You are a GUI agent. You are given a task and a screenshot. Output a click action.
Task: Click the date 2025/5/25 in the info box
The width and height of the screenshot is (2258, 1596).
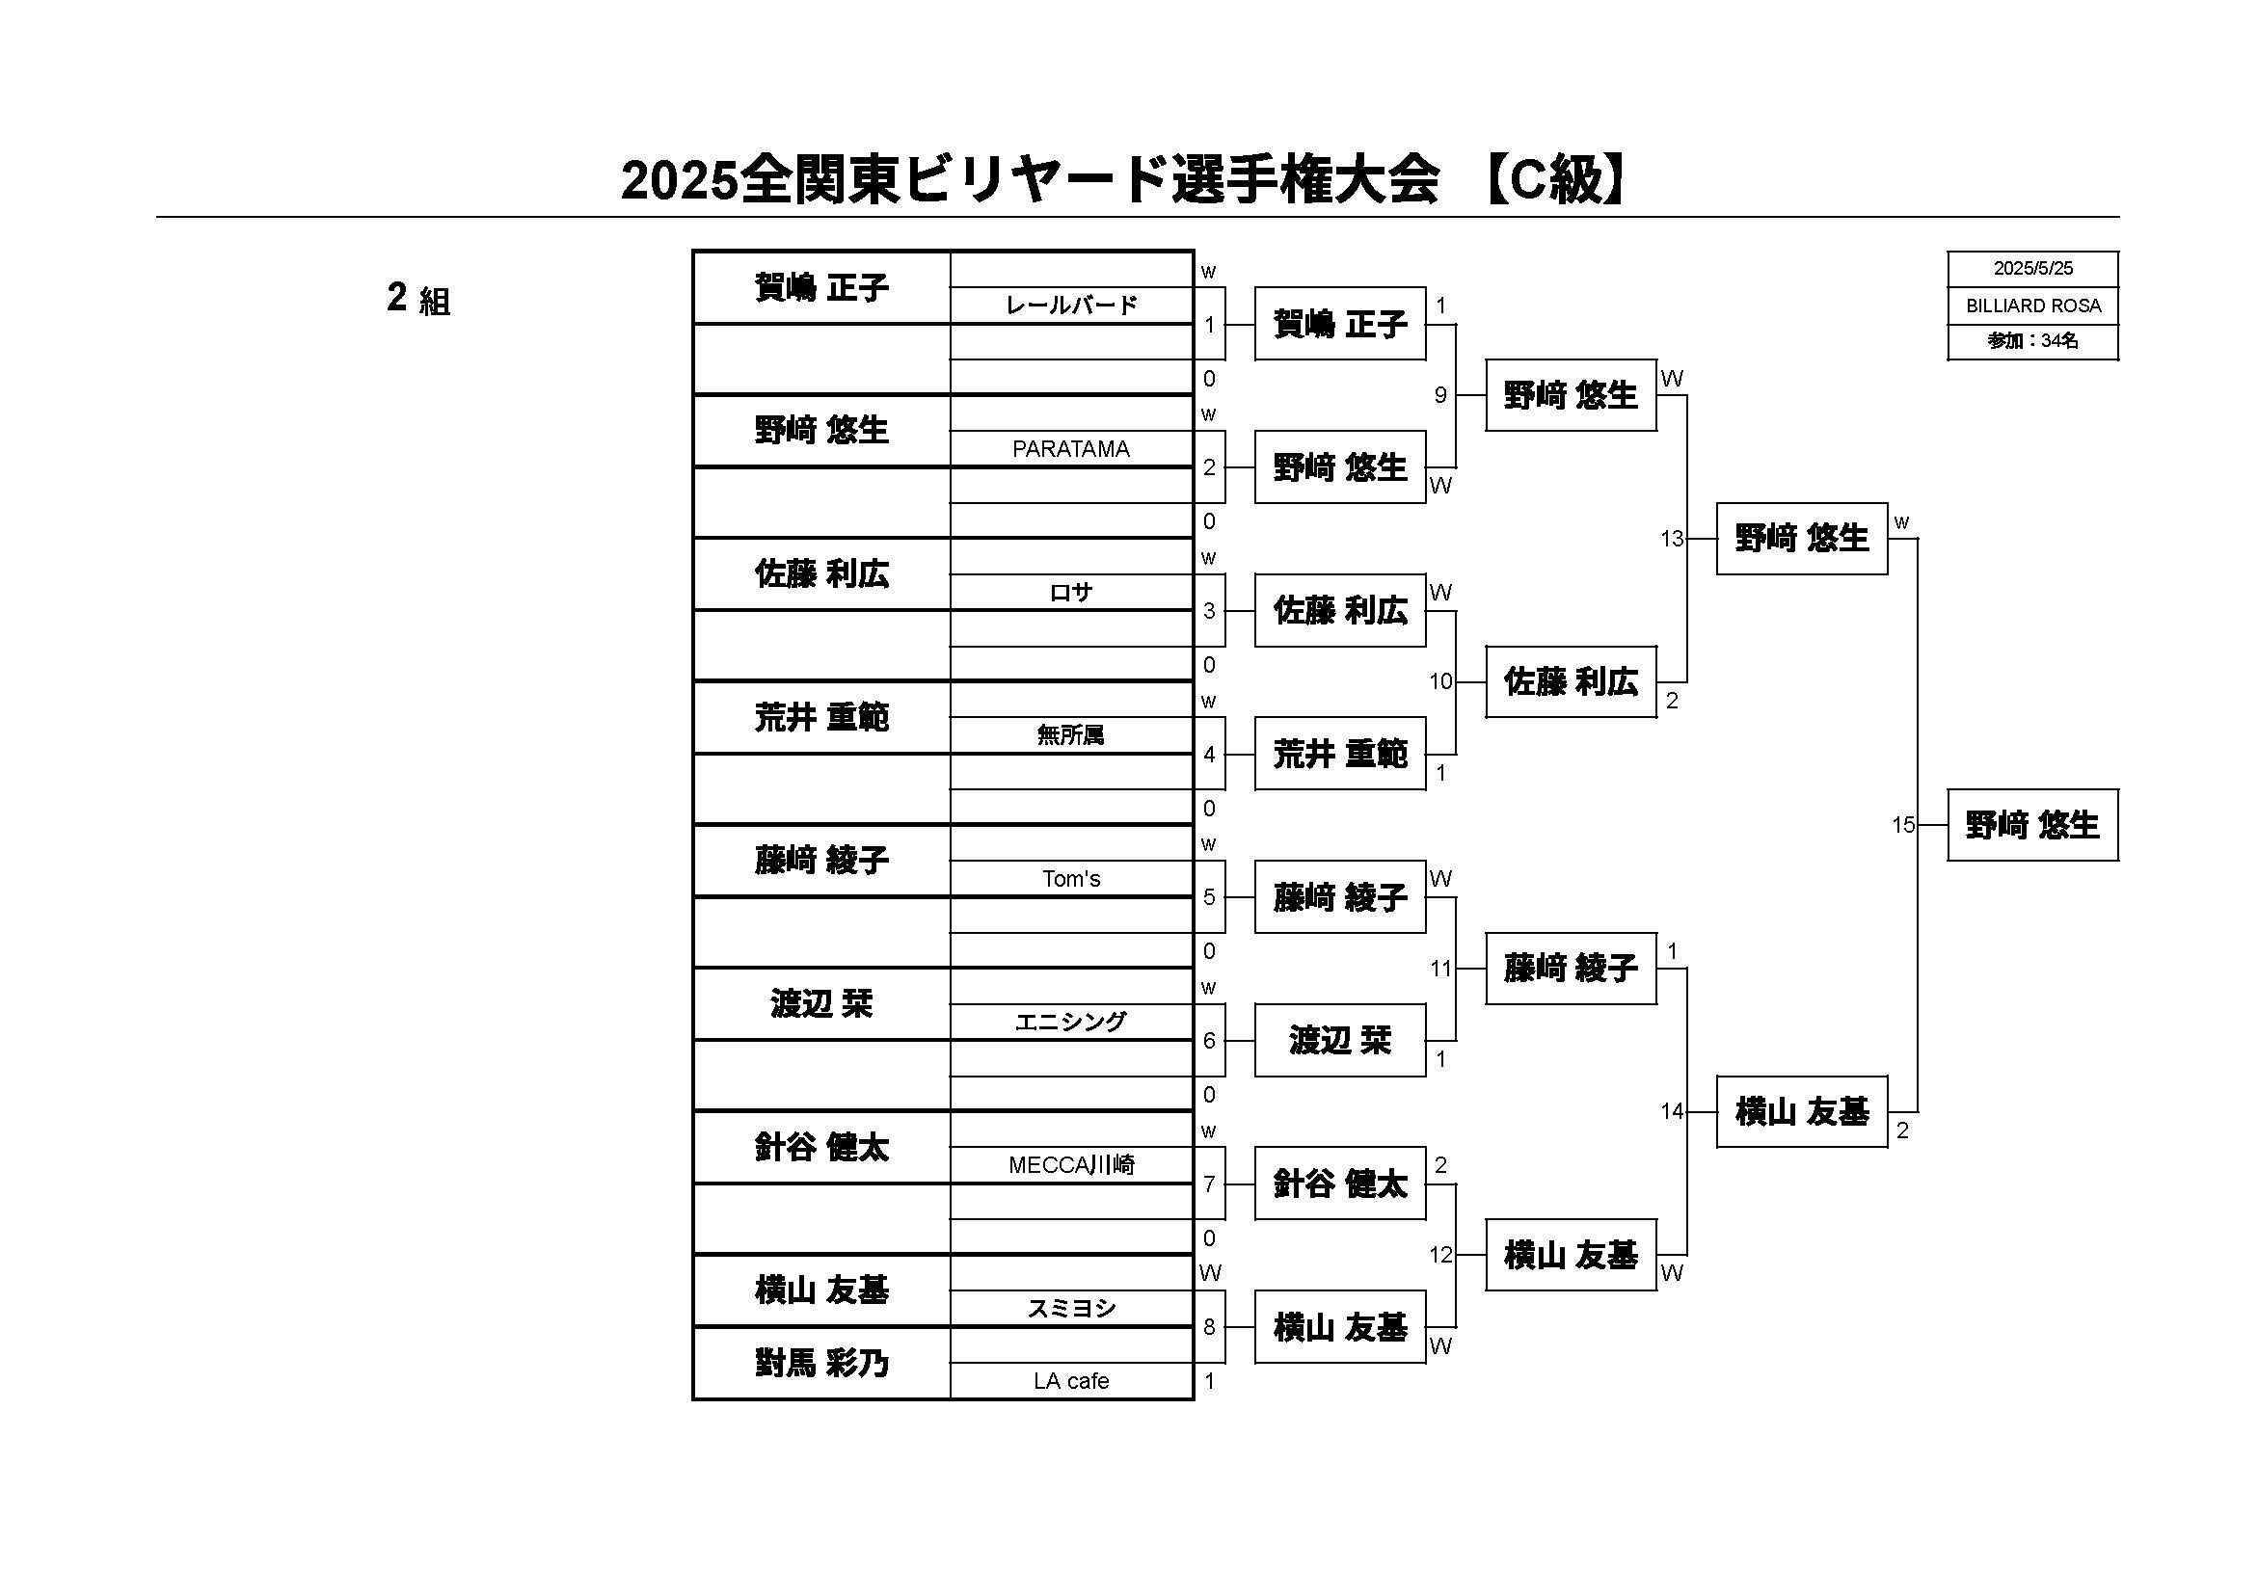[x=2032, y=269]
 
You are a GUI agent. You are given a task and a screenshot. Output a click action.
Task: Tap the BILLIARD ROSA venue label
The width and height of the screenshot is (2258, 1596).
[x=2032, y=306]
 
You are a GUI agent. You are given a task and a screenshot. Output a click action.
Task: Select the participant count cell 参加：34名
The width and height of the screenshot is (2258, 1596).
[x=2032, y=341]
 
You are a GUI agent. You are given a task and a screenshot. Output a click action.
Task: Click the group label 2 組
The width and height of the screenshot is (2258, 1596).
[x=419, y=298]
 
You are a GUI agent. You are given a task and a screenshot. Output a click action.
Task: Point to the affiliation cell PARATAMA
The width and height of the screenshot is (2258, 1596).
[x=1071, y=449]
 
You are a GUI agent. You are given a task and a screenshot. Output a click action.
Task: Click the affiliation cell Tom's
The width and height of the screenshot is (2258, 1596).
[x=1071, y=879]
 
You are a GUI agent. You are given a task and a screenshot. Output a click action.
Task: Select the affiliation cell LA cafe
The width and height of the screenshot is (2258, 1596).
[x=1071, y=1381]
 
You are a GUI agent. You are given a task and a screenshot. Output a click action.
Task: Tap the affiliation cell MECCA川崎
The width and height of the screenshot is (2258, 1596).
[x=1071, y=1165]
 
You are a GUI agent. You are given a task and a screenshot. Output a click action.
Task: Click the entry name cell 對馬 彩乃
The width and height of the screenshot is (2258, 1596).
[x=821, y=1363]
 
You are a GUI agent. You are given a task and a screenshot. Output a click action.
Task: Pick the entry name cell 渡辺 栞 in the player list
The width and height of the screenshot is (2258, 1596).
[x=821, y=1004]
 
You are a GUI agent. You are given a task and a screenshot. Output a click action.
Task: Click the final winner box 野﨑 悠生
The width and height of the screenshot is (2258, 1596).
[x=2032, y=825]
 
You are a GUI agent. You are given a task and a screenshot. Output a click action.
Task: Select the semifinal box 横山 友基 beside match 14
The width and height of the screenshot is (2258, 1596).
[x=1802, y=1112]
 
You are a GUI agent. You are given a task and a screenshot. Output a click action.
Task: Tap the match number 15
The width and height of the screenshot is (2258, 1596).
[x=1903, y=825]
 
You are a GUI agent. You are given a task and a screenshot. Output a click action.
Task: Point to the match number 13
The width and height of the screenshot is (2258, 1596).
[x=1672, y=539]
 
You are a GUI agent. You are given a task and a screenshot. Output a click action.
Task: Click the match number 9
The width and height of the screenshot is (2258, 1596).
[x=1440, y=395]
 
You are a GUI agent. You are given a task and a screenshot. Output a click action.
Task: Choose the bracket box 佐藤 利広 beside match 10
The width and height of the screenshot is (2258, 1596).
[x=1571, y=681]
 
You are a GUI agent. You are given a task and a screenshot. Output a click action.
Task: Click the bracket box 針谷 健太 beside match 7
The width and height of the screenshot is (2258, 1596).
[x=1340, y=1184]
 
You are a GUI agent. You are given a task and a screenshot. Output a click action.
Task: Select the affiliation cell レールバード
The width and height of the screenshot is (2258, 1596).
[x=1071, y=306]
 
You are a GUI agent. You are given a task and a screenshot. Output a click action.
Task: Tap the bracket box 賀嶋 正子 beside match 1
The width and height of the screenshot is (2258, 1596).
[x=1340, y=324]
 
